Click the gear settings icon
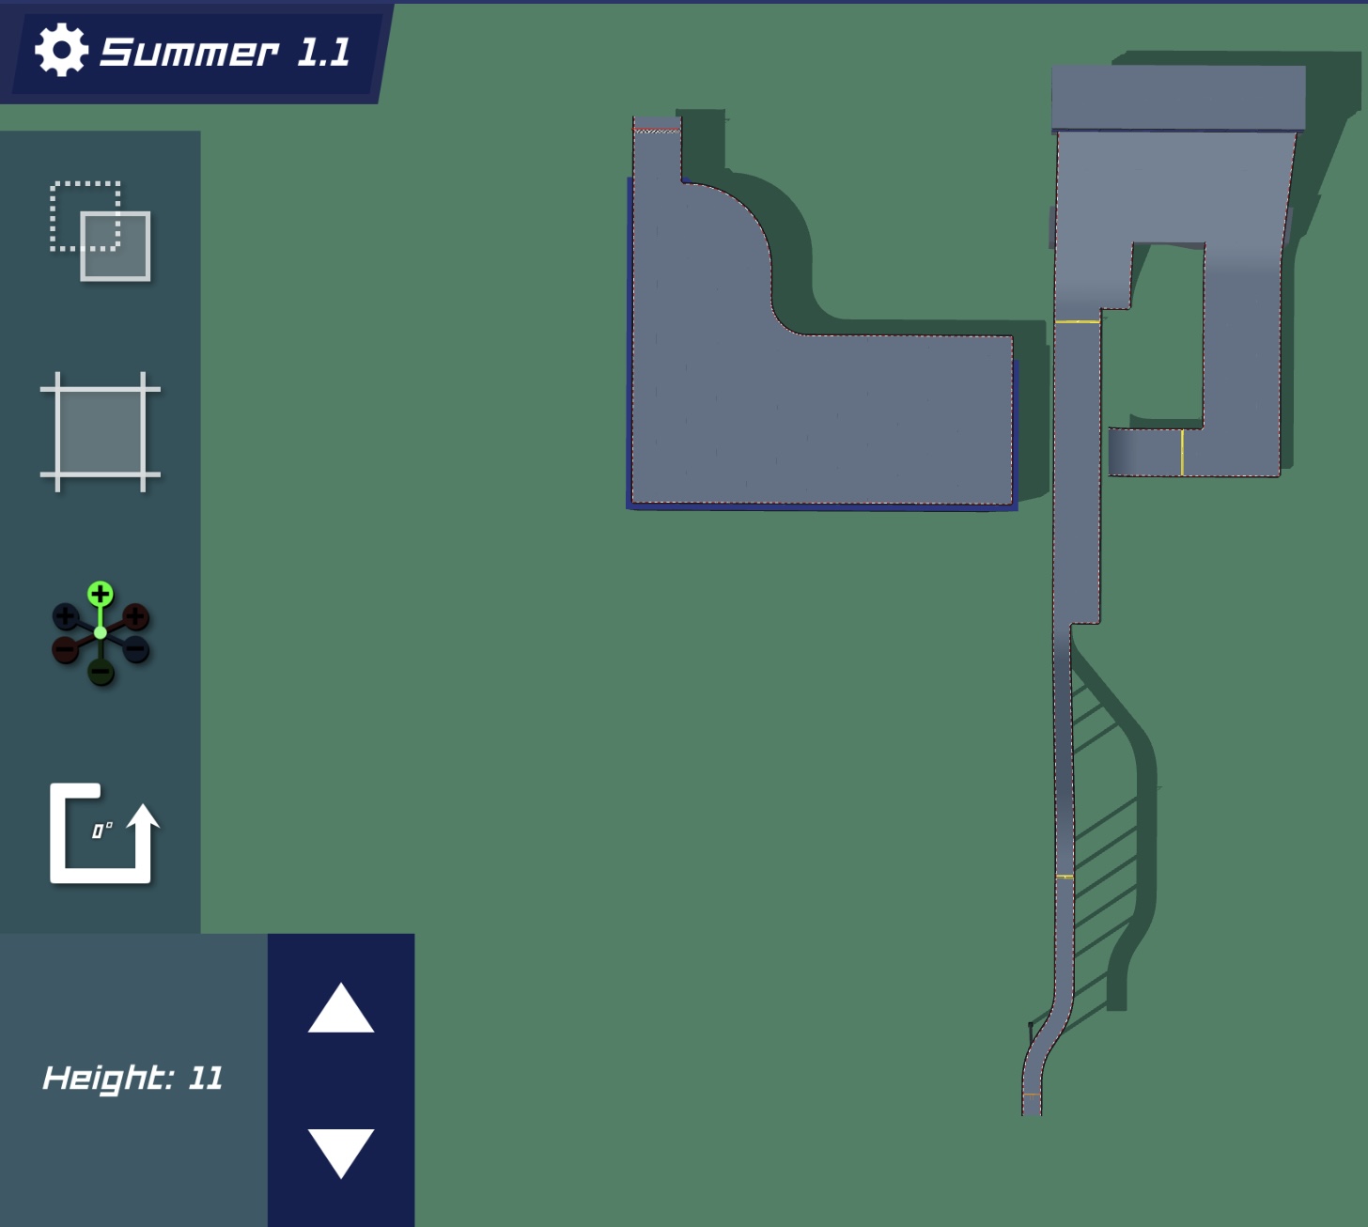tap(61, 50)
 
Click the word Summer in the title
tap(189, 52)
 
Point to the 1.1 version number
tap(324, 52)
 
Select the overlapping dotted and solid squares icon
tap(100, 231)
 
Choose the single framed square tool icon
tap(100, 431)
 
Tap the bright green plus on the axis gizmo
tap(101, 595)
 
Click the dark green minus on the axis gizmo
tap(101, 672)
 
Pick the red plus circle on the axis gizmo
tap(135, 616)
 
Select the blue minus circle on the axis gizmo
tap(135, 649)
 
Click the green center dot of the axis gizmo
tap(101, 632)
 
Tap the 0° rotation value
tap(102, 830)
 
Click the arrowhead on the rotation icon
tap(143, 816)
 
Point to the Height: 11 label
tap(132, 1078)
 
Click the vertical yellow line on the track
tap(1182, 453)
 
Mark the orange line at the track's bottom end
tap(1031, 1095)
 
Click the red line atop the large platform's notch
tap(657, 129)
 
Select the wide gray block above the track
tap(1178, 99)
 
